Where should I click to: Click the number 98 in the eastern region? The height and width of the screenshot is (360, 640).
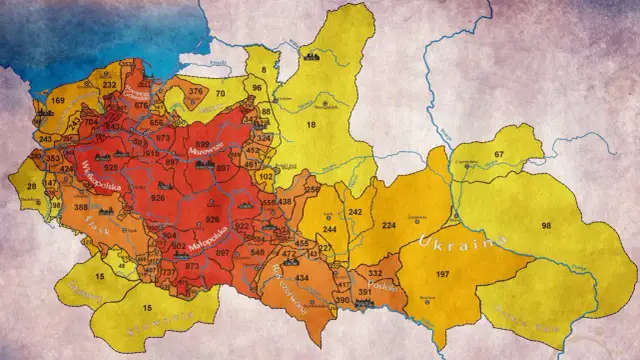click(546, 226)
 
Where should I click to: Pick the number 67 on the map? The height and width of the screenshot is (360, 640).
click(498, 154)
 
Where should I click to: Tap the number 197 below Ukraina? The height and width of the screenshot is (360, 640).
click(442, 273)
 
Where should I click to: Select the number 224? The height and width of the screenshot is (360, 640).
click(389, 225)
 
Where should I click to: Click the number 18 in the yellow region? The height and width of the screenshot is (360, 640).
click(311, 124)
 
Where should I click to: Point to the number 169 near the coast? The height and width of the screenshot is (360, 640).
click(57, 101)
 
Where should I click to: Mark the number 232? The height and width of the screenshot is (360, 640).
click(109, 85)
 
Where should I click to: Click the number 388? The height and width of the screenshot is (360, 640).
click(80, 207)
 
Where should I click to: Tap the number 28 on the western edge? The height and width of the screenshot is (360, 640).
click(32, 186)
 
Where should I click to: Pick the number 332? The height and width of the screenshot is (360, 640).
click(375, 273)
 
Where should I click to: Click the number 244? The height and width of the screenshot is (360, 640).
click(329, 228)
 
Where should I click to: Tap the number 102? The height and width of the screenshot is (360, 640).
click(264, 175)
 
